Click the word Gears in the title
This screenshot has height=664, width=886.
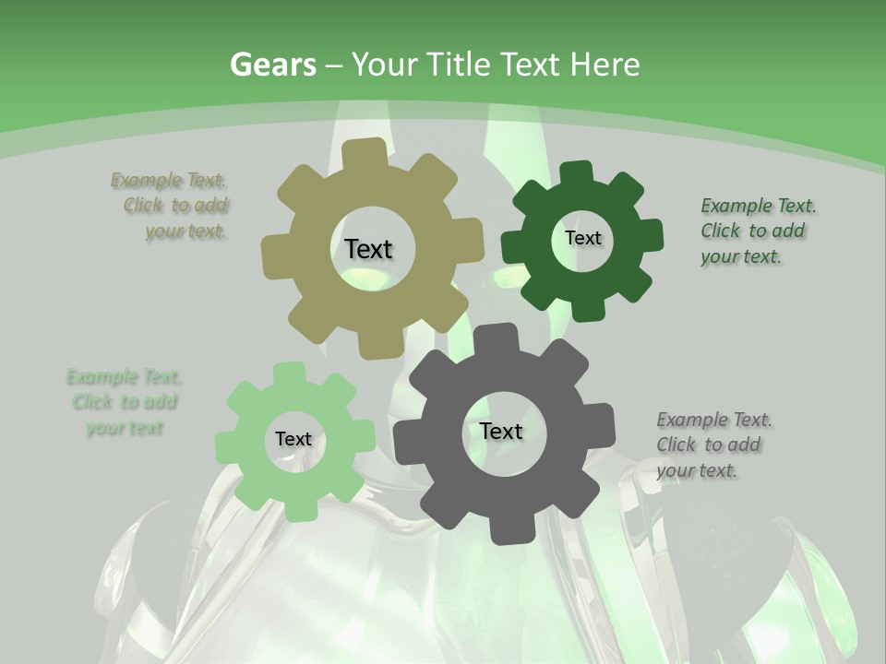click(271, 65)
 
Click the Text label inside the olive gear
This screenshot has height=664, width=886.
click(368, 249)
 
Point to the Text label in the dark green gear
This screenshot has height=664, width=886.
click(582, 238)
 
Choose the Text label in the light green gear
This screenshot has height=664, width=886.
click(293, 439)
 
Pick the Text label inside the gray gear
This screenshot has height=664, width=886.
click(501, 431)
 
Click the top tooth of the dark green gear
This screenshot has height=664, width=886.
click(576, 172)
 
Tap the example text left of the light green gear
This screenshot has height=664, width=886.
click(125, 402)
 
